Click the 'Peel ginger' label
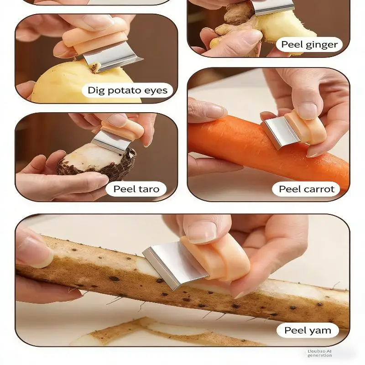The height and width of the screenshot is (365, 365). (x=309, y=44)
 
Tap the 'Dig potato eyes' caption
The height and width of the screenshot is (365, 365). (x=128, y=90)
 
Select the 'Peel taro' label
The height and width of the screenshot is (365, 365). (x=136, y=189)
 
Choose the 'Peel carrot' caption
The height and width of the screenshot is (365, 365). (x=306, y=189)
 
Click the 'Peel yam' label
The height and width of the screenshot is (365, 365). (x=308, y=330)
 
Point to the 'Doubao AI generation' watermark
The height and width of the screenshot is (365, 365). (x=319, y=353)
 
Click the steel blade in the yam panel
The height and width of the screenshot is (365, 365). (x=173, y=266)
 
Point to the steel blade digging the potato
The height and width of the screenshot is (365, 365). (x=109, y=58)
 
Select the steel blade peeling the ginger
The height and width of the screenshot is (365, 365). (x=273, y=7)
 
